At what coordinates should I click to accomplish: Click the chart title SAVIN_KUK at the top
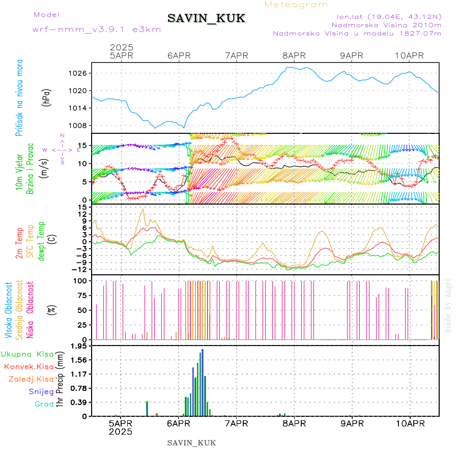pos(206,18)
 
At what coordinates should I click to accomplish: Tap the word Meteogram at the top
pos(297,5)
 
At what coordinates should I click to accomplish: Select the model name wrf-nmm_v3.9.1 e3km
pos(97,30)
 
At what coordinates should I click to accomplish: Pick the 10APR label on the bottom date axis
pos(410,424)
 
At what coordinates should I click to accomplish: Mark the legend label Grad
pos(44,404)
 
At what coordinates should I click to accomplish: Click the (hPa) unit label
pos(47,97)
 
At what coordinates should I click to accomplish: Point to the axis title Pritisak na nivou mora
pos(19,97)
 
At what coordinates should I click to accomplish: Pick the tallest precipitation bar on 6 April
pos(203,382)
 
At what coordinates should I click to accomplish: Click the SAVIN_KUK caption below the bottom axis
pos(191,443)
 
